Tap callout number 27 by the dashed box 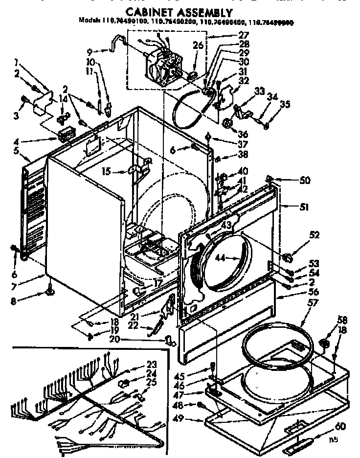243,35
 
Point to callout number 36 243,134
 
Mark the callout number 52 314,235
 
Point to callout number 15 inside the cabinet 107,172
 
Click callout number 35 285,104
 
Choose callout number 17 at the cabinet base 158,282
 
